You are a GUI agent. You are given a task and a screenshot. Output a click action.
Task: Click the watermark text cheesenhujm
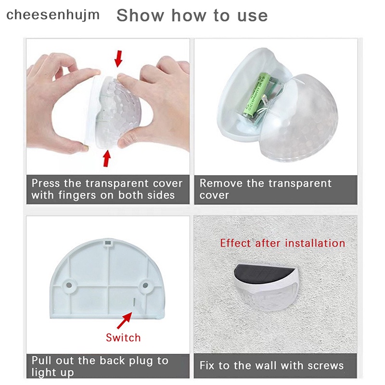point(53,15)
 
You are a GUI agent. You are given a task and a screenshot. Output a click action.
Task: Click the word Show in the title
point(140,15)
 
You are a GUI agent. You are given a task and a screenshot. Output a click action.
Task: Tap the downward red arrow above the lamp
point(119,58)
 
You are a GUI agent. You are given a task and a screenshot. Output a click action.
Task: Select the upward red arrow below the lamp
point(106,158)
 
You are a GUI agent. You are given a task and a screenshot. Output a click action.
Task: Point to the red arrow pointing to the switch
point(124,321)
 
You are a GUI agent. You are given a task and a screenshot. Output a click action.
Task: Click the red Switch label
point(123,338)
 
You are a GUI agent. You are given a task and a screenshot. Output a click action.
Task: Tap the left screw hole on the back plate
point(69,285)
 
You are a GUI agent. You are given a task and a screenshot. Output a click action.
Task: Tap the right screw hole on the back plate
point(145,285)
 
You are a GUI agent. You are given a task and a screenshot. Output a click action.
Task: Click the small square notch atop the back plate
point(107,243)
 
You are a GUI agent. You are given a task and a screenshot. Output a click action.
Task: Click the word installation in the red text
point(315,243)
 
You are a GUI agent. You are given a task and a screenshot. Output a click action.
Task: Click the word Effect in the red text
point(235,243)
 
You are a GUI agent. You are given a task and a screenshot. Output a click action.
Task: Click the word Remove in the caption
point(221,183)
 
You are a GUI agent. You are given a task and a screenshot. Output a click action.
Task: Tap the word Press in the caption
point(46,183)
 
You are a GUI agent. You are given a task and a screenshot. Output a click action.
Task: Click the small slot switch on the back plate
point(134,302)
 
